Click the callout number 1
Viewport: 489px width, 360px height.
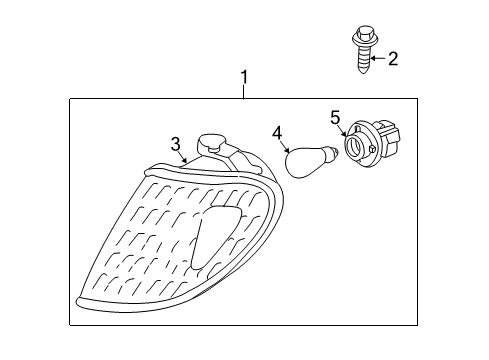(x=243, y=76)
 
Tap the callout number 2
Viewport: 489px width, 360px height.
(x=392, y=59)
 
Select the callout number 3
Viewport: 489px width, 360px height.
(x=175, y=144)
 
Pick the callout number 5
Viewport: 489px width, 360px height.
(x=336, y=118)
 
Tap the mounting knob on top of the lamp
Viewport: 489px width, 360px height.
(x=212, y=143)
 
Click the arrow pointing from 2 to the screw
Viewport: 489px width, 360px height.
(x=377, y=59)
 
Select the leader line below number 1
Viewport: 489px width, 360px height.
(x=243, y=91)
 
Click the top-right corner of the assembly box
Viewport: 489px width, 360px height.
(x=417, y=98)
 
